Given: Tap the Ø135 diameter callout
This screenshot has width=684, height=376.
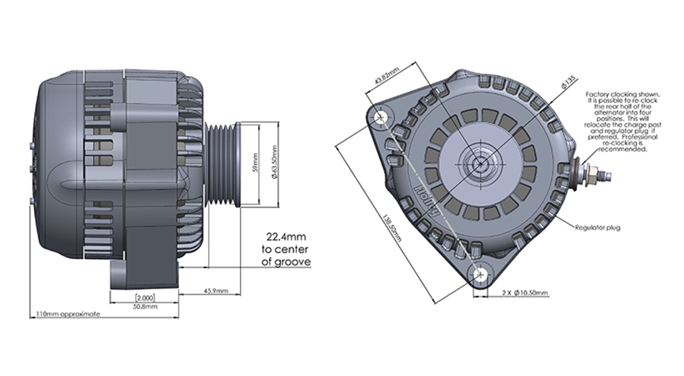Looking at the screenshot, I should click(x=568, y=81).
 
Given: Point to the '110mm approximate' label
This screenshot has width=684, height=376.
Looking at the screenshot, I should click(x=68, y=314).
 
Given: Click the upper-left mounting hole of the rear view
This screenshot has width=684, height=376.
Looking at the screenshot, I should click(x=384, y=116).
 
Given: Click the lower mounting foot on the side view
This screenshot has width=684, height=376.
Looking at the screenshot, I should click(x=127, y=273).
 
